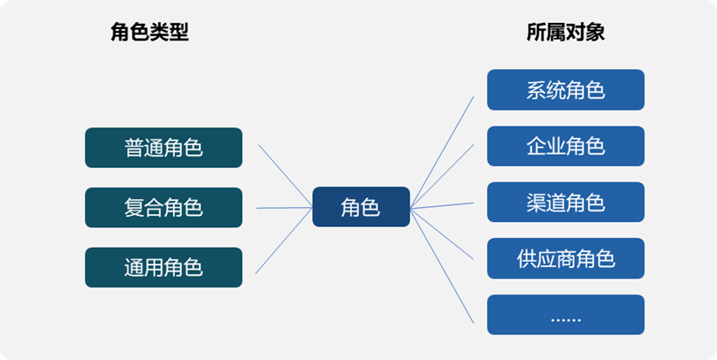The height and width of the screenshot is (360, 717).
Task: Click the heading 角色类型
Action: coord(149,33)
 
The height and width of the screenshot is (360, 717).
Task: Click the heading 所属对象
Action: coord(566,33)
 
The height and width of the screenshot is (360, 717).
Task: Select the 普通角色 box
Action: coord(164,148)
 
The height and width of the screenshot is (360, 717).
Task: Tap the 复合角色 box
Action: coord(164,208)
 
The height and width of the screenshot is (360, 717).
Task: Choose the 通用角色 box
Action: coord(164,268)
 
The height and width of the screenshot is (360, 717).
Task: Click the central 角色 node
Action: coord(362,207)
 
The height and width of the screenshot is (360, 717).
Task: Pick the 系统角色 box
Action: coord(566,89)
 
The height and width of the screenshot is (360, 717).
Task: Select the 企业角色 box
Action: coord(566,146)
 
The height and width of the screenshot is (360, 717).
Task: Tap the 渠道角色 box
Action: coord(566,203)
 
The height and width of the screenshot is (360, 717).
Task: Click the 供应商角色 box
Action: coord(566,258)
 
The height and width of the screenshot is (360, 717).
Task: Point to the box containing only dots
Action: coord(566,315)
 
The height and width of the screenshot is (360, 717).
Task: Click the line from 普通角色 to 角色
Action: coord(286,176)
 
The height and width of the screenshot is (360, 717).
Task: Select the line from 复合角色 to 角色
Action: coord(285,208)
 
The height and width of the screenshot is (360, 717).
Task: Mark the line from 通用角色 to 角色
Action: coord(284,241)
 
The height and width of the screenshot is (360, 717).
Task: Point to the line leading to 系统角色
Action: coord(442,152)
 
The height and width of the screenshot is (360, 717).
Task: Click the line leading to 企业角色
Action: coord(442,176)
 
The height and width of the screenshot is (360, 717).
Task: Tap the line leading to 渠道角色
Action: coord(442,205)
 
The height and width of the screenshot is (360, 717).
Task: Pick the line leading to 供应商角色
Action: coord(442,234)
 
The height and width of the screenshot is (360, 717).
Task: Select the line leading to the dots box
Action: coord(442,265)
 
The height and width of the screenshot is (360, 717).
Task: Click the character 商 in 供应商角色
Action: coord(566,259)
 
